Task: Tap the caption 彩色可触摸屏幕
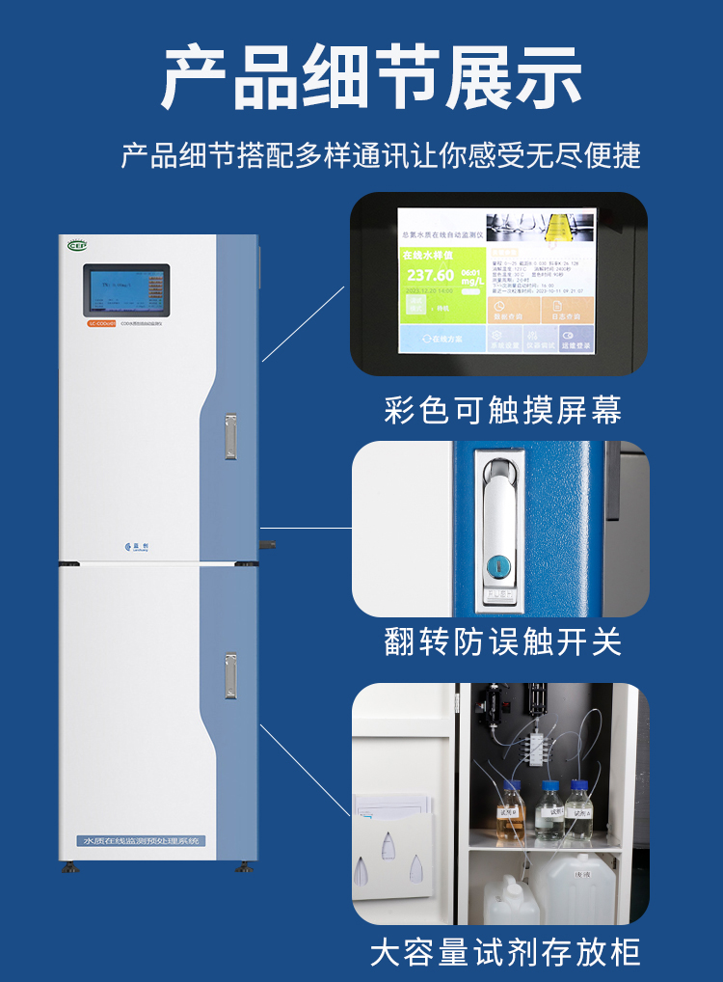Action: tap(502, 410)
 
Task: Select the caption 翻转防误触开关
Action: tap(502, 641)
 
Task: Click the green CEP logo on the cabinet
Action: tap(77, 245)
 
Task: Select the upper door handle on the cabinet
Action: tap(230, 436)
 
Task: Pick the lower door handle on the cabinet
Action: tap(230, 675)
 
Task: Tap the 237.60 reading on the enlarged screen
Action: tap(430, 276)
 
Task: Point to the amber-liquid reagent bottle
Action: tap(510, 810)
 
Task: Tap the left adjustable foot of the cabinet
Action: tap(70, 866)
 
